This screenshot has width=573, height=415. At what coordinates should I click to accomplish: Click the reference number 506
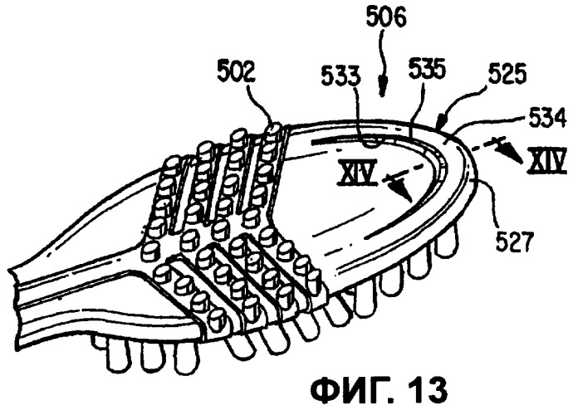[387, 18]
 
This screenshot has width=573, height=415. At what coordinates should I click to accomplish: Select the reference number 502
[238, 74]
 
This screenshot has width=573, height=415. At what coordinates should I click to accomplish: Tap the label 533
[340, 78]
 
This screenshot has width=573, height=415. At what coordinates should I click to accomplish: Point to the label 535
[427, 69]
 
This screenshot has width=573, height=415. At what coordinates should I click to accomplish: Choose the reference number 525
[505, 75]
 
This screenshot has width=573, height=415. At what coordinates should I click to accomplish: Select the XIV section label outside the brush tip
[546, 161]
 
